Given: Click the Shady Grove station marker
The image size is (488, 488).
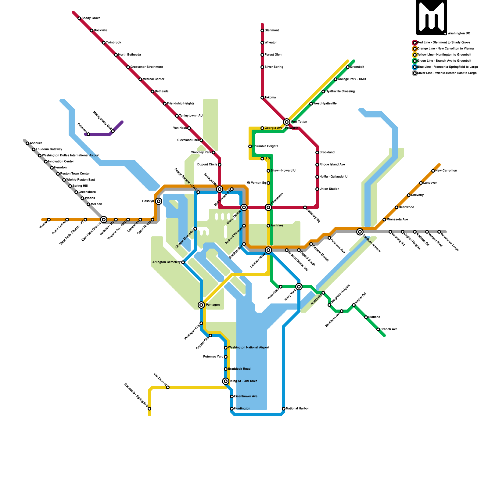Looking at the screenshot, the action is point(79,18).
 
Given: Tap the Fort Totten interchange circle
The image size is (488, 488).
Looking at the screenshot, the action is point(287,122).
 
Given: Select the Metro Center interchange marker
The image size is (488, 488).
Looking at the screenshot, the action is point(244,207).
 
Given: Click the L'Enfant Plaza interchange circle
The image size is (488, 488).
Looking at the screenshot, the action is point(268,250).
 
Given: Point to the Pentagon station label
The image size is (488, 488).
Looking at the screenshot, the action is point(213,305).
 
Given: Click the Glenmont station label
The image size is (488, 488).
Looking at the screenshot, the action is point(271,30).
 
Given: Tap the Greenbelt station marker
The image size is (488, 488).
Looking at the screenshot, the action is point(348,67).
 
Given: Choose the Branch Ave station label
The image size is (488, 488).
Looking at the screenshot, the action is point(389,329).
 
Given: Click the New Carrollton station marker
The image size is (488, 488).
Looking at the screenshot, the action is point(433,171).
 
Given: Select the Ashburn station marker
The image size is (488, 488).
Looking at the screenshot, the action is point(27,143).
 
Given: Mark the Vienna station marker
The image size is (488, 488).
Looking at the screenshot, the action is point(49,220).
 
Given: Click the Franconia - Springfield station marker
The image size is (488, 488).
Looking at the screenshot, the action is point(149,409).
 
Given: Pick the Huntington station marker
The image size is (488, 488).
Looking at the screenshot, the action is point(232,409).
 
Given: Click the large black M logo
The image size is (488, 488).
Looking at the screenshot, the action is point(432,17).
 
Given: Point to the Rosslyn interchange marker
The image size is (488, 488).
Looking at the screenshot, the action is point(159,201).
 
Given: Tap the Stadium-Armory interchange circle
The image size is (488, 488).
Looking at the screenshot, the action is point(360,232).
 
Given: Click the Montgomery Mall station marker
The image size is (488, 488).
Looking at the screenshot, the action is point(113,131).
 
